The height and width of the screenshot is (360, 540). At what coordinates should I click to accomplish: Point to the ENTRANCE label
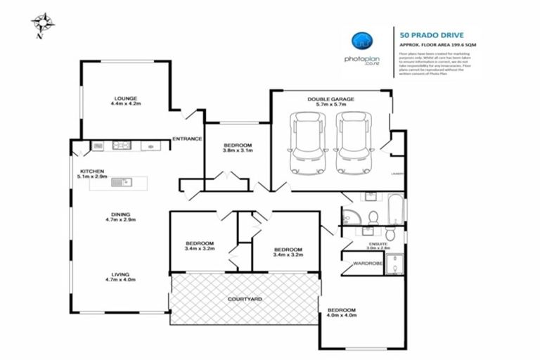(x=188, y=139)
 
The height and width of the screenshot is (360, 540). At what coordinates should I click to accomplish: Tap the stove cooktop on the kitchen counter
(x=122, y=146)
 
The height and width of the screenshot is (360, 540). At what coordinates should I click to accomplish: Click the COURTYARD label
(x=245, y=300)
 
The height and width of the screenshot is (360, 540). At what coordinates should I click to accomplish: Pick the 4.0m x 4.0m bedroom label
(x=341, y=312)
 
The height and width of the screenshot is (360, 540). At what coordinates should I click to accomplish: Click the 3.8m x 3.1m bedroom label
(x=237, y=148)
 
